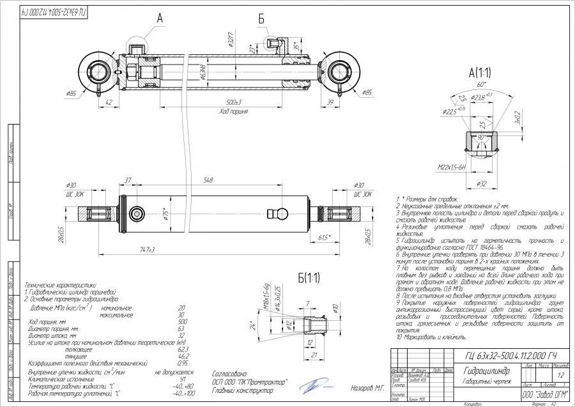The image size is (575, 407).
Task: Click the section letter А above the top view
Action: (160, 19)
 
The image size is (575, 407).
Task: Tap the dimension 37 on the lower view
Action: (127, 181)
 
